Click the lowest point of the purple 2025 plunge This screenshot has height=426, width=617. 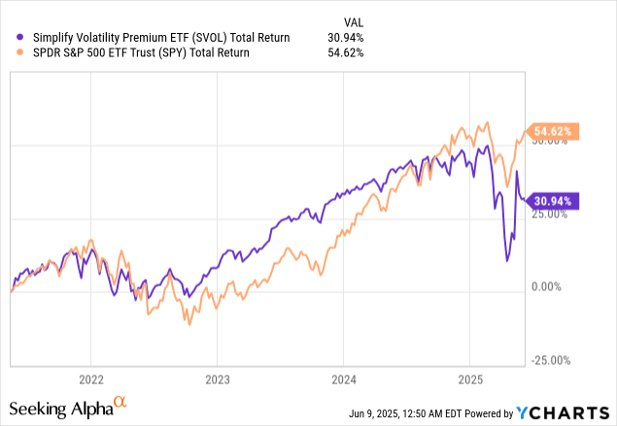pos(507,260)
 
